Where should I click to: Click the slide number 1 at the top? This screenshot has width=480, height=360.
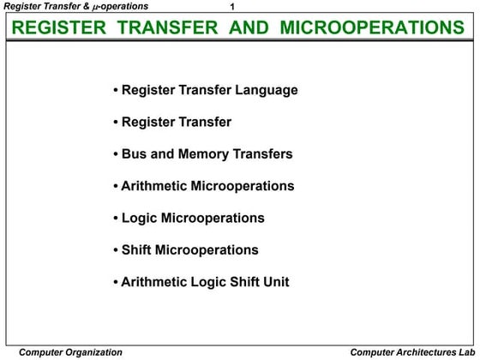pos(233,8)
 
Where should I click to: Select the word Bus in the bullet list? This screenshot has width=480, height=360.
pos(135,154)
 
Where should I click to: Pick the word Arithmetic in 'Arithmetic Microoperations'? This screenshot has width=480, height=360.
pos(154,186)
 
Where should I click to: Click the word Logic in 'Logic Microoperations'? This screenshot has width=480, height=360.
pos(139,218)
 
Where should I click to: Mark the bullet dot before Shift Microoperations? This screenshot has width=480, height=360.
pos(116,250)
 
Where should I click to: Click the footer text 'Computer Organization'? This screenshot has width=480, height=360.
pos(70,351)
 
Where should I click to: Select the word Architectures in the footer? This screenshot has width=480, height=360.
pos(413,351)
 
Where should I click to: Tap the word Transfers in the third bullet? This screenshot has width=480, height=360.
pos(263,154)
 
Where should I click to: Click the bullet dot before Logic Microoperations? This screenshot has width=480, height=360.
pos(116,219)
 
